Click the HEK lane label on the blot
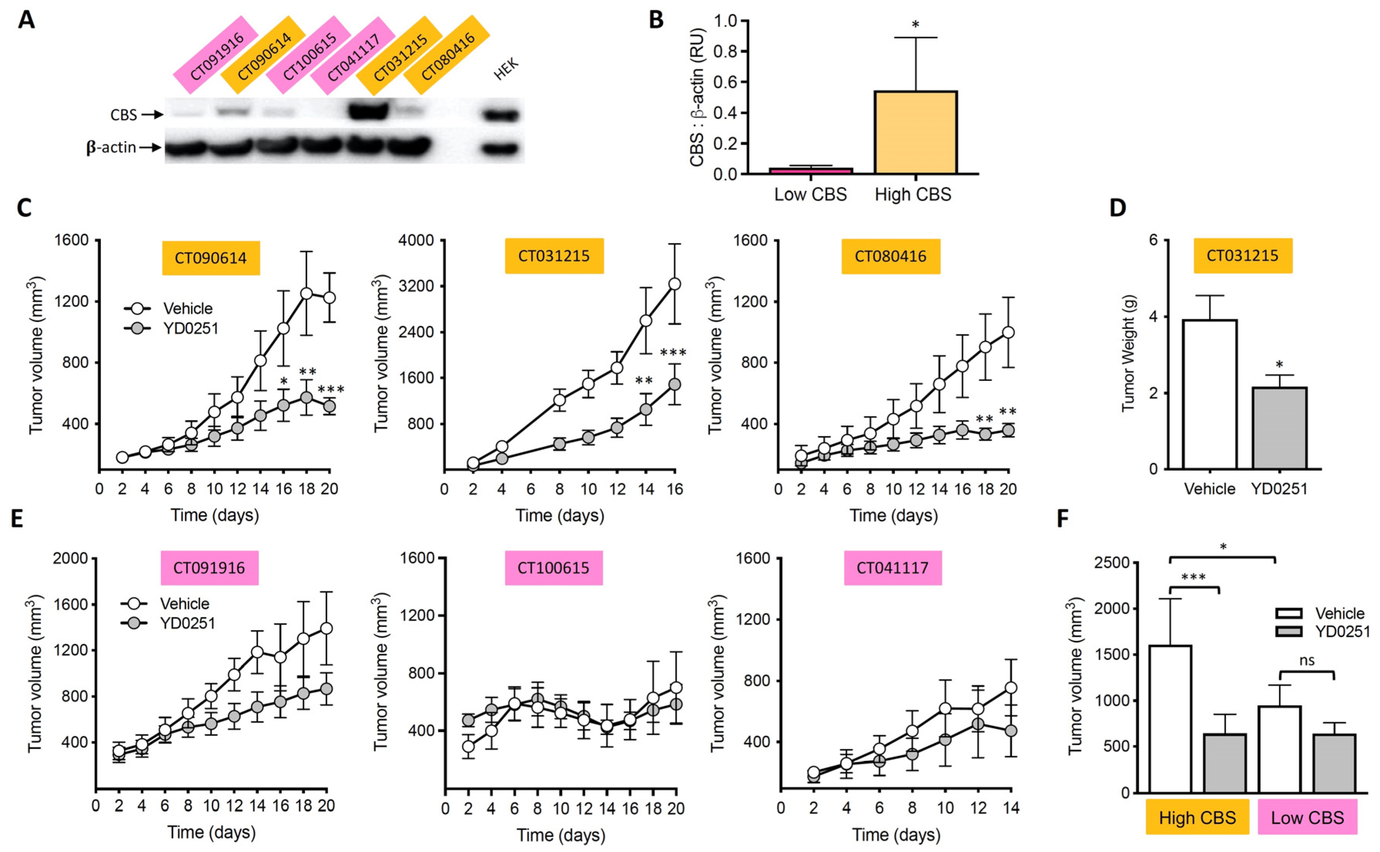(506, 70)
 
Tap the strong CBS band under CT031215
(368, 110)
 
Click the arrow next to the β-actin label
(151, 148)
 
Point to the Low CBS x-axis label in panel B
(810, 194)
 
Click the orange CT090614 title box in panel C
(211, 258)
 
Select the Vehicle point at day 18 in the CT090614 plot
(306, 293)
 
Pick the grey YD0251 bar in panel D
(1279, 428)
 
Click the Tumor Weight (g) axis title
(1128, 353)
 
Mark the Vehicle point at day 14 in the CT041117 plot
(1010, 687)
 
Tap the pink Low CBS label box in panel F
(1307, 817)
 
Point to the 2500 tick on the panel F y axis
(1111, 563)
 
